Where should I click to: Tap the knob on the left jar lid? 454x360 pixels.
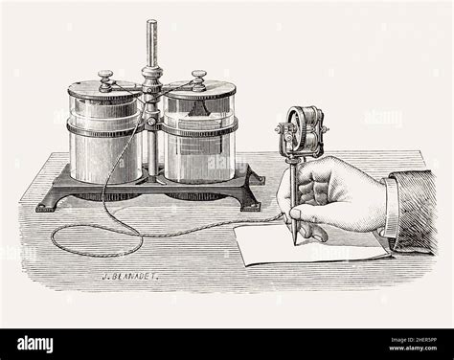coord(106,77)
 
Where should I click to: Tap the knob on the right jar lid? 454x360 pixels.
coord(198,77)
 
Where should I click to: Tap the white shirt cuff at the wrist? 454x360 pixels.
coord(391,206)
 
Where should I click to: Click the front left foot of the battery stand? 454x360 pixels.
coord(46,204)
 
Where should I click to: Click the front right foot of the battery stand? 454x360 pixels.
coord(250,203)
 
